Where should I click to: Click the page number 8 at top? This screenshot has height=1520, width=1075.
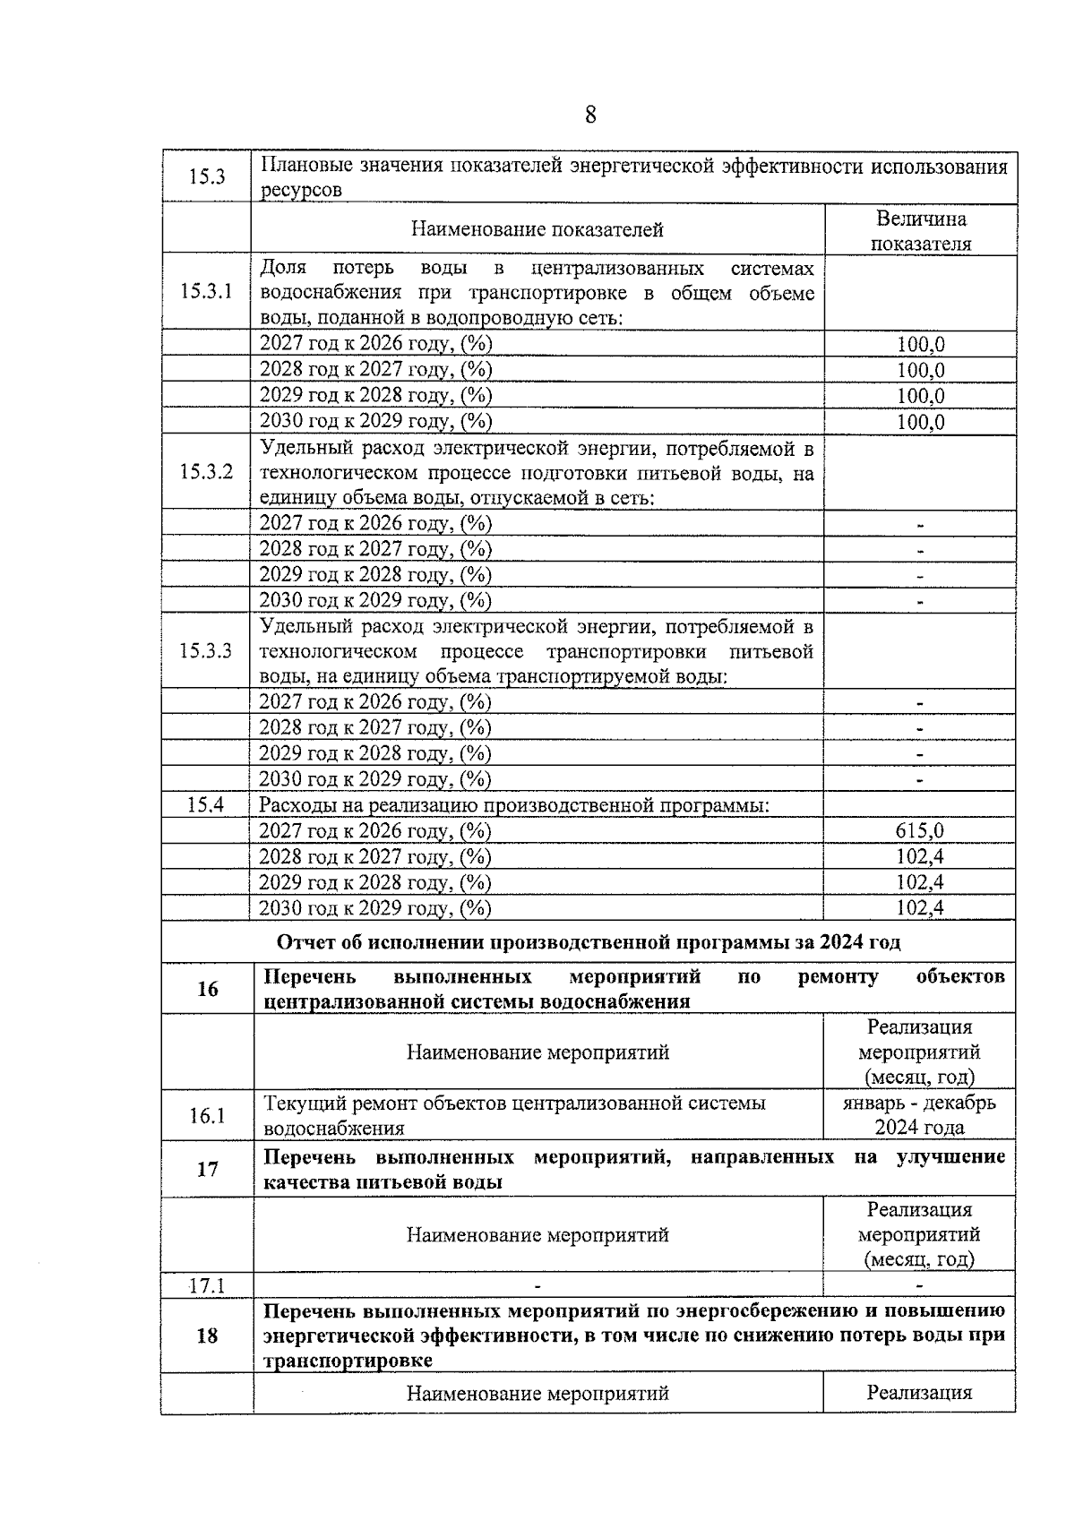point(589,116)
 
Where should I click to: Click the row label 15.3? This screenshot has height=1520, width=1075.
point(206,176)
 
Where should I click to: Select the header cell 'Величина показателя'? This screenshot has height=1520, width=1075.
point(920,230)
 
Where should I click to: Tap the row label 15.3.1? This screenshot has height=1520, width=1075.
point(206,292)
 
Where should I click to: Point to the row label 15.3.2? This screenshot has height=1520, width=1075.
point(206,472)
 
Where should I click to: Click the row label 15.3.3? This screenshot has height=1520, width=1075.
point(206,650)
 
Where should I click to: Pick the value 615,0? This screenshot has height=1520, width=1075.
point(919,831)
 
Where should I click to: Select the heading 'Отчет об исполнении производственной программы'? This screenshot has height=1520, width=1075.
point(589,942)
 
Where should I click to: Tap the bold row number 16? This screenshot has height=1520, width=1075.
point(207,989)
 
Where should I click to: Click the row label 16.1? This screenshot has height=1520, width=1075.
point(207,1115)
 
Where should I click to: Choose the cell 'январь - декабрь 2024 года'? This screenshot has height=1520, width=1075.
point(919,1115)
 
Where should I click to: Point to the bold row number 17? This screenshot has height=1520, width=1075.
point(207,1169)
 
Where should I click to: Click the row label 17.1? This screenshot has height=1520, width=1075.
point(206,1285)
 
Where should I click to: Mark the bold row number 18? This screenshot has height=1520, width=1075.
point(207,1335)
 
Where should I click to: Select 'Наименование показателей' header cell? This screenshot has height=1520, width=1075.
point(537,229)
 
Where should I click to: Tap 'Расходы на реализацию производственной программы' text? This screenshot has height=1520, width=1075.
point(514,805)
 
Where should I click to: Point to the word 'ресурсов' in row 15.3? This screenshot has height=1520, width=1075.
point(301,191)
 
